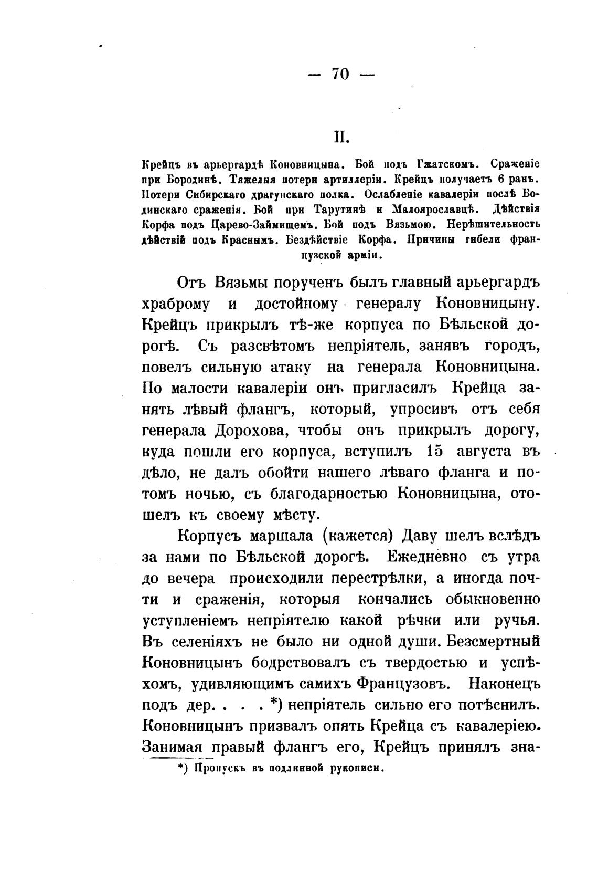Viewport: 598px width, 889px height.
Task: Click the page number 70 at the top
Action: click(340, 74)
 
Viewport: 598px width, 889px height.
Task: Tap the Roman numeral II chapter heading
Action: click(341, 137)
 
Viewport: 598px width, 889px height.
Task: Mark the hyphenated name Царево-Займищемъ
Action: click(257, 225)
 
